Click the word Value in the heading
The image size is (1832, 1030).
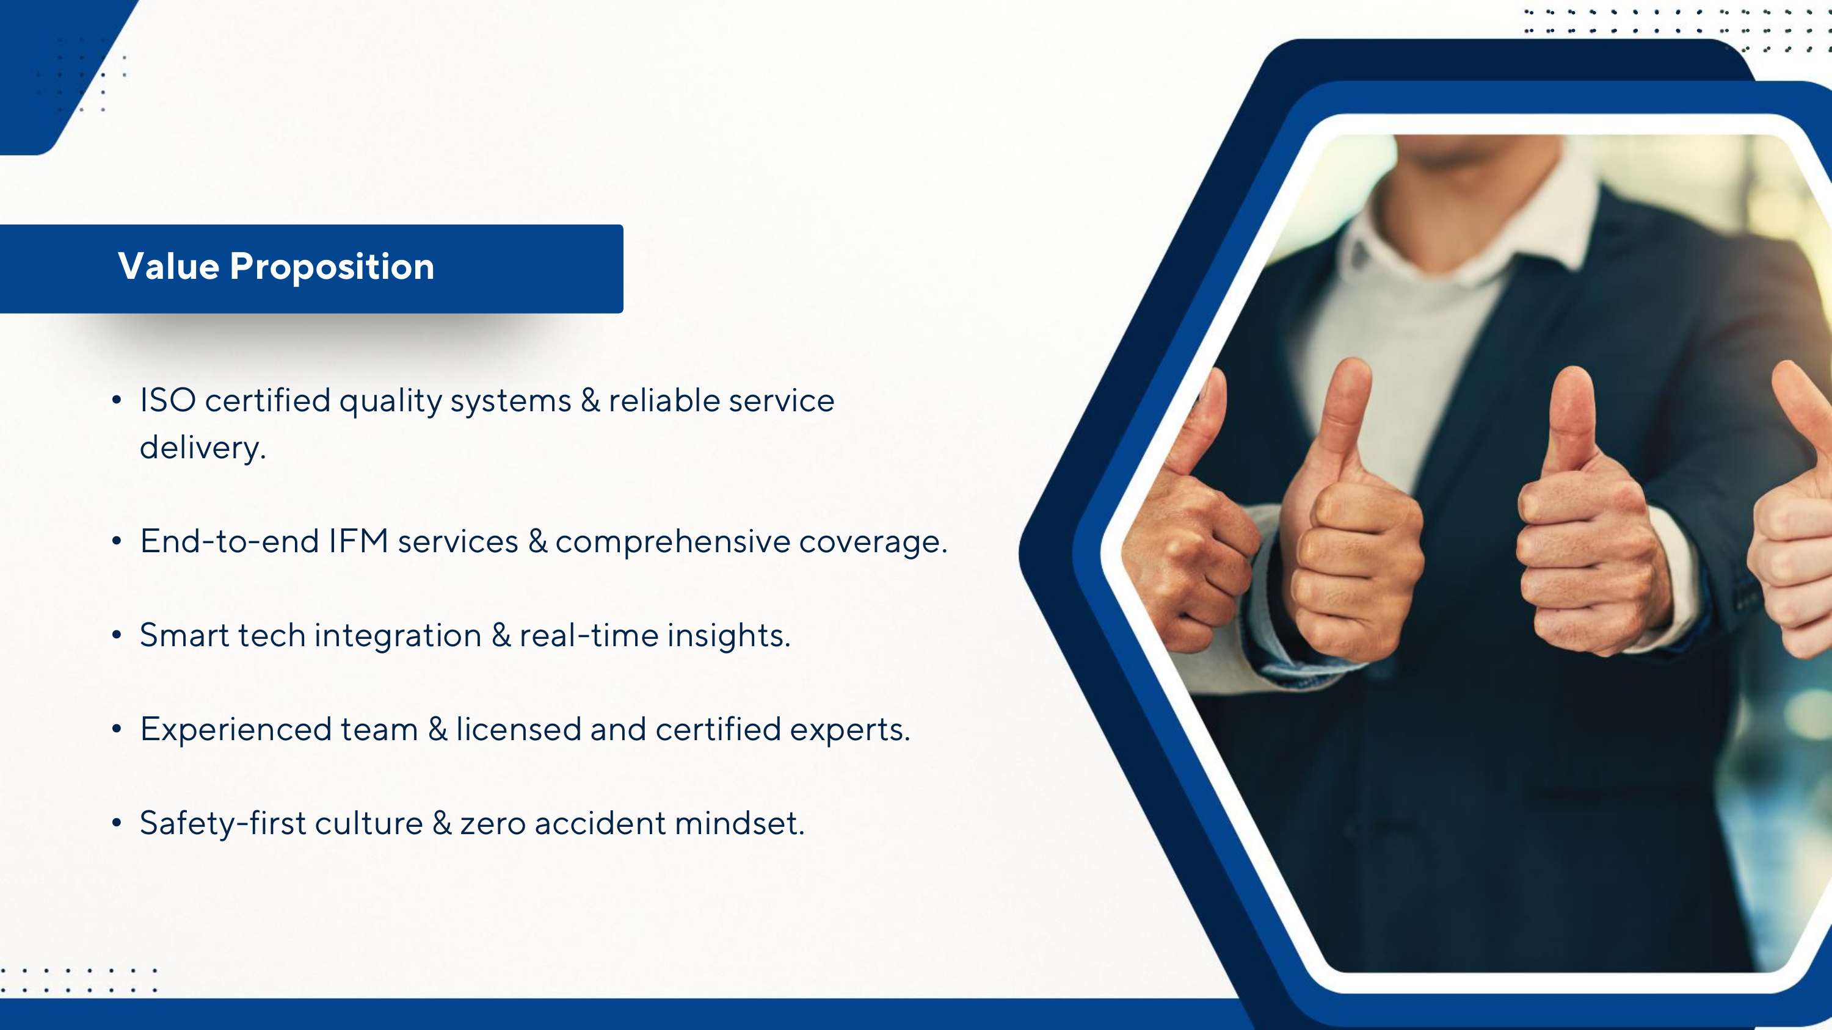169,266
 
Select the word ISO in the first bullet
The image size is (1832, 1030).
168,400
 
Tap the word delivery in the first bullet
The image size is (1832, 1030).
202,448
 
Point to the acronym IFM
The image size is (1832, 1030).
358,542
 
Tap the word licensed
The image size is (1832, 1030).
518,729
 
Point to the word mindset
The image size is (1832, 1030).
740,823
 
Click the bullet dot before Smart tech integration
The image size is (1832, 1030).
117,635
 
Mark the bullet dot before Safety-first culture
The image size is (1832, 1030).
117,823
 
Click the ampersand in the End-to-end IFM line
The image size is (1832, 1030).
537,542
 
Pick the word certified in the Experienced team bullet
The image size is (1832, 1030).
718,729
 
